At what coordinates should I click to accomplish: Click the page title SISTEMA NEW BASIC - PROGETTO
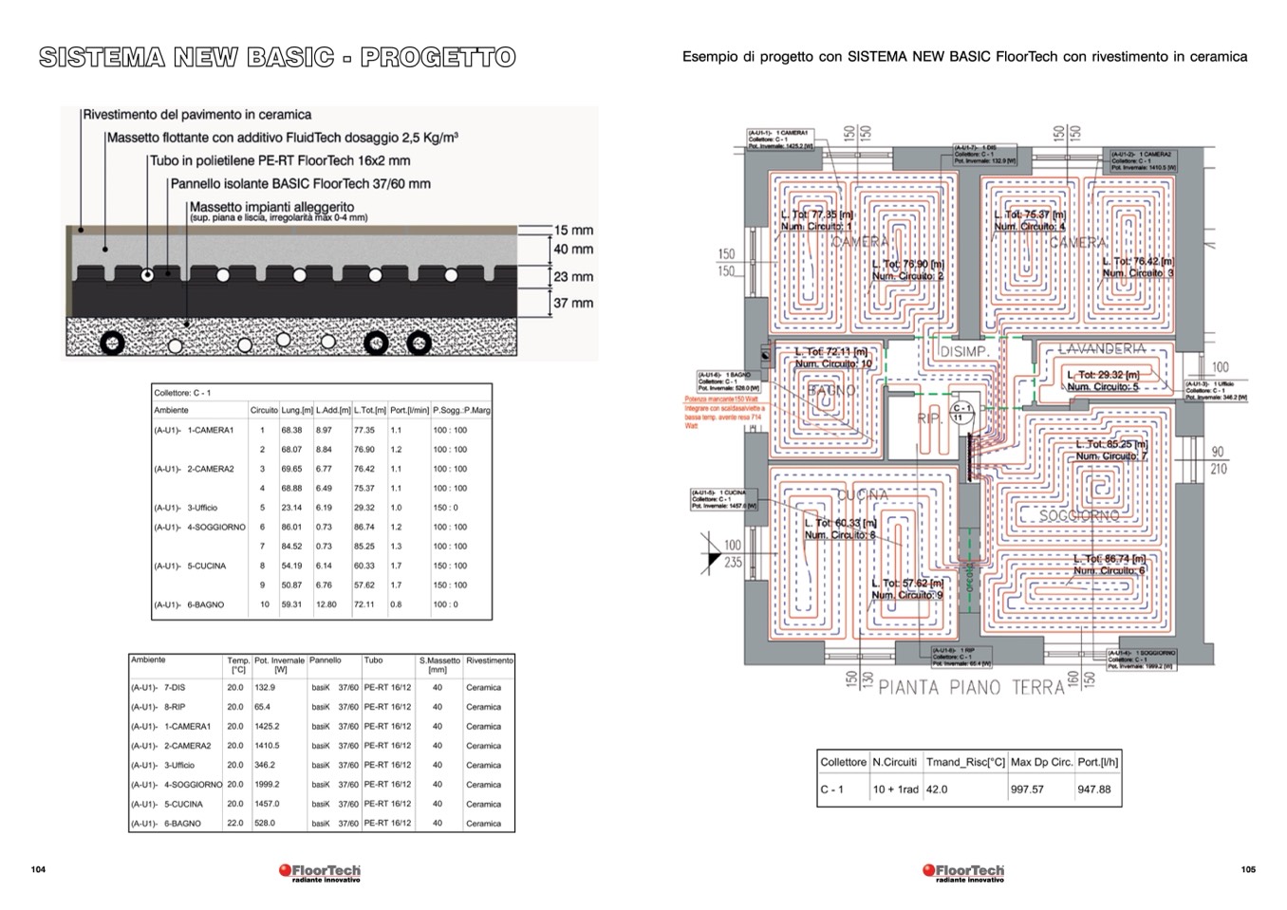click(277, 57)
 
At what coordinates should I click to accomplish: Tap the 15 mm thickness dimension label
click(573, 230)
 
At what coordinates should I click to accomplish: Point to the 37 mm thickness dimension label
click(573, 303)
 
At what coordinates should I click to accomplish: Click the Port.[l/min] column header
click(410, 410)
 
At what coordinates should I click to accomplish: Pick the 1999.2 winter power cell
click(267, 785)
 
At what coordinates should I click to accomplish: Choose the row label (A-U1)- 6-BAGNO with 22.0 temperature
click(166, 824)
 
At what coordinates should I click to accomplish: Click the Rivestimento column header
click(489, 660)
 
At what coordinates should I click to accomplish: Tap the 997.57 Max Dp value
click(1027, 789)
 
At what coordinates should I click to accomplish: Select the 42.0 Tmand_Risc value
click(937, 789)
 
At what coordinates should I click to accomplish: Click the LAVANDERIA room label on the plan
click(1101, 349)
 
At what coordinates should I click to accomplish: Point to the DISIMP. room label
click(963, 352)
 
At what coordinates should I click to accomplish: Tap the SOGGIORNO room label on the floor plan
click(1078, 515)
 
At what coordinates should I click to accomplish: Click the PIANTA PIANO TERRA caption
click(971, 687)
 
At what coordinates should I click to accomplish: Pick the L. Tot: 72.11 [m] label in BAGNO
click(831, 352)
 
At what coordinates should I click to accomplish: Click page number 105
click(1248, 869)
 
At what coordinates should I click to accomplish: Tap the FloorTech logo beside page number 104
click(320, 872)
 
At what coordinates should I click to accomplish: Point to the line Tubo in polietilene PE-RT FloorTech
click(280, 161)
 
